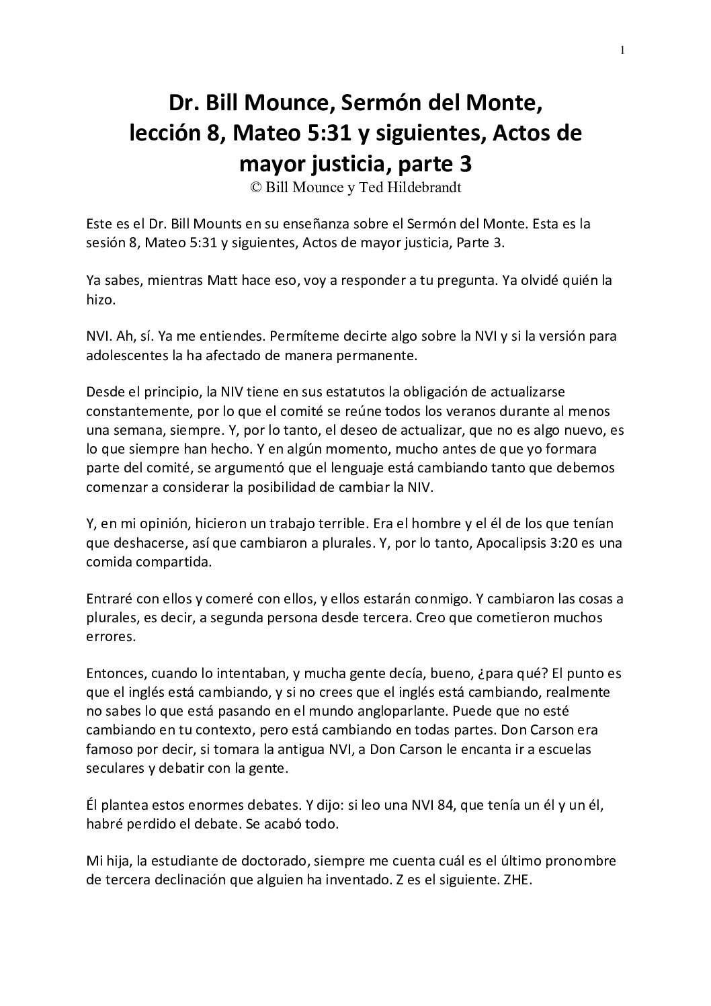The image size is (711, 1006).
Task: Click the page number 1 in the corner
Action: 623,50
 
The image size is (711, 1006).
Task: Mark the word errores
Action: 111,636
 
